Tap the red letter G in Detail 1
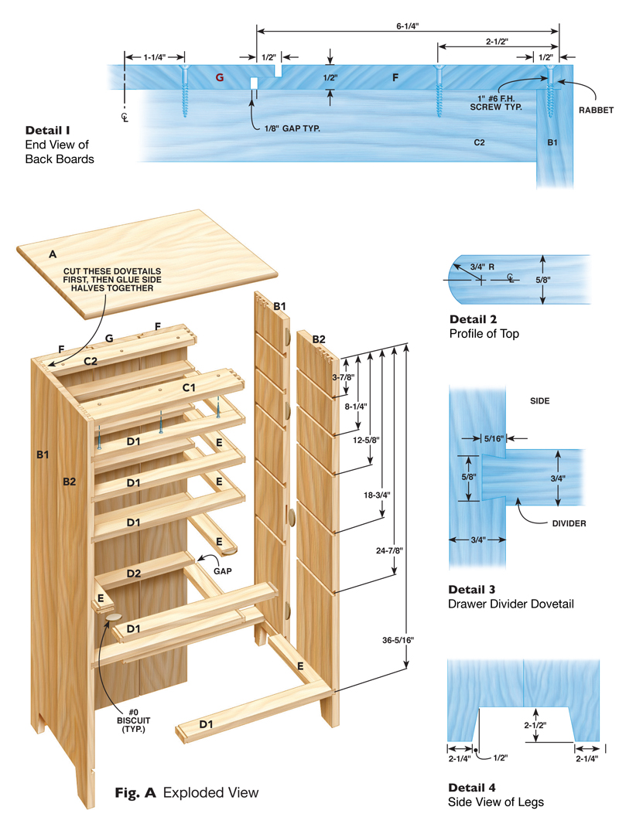(x=220, y=77)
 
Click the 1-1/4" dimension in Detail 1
(x=155, y=57)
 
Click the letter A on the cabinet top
(x=53, y=254)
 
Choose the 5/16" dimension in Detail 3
(x=493, y=438)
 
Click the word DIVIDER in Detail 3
(x=568, y=523)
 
